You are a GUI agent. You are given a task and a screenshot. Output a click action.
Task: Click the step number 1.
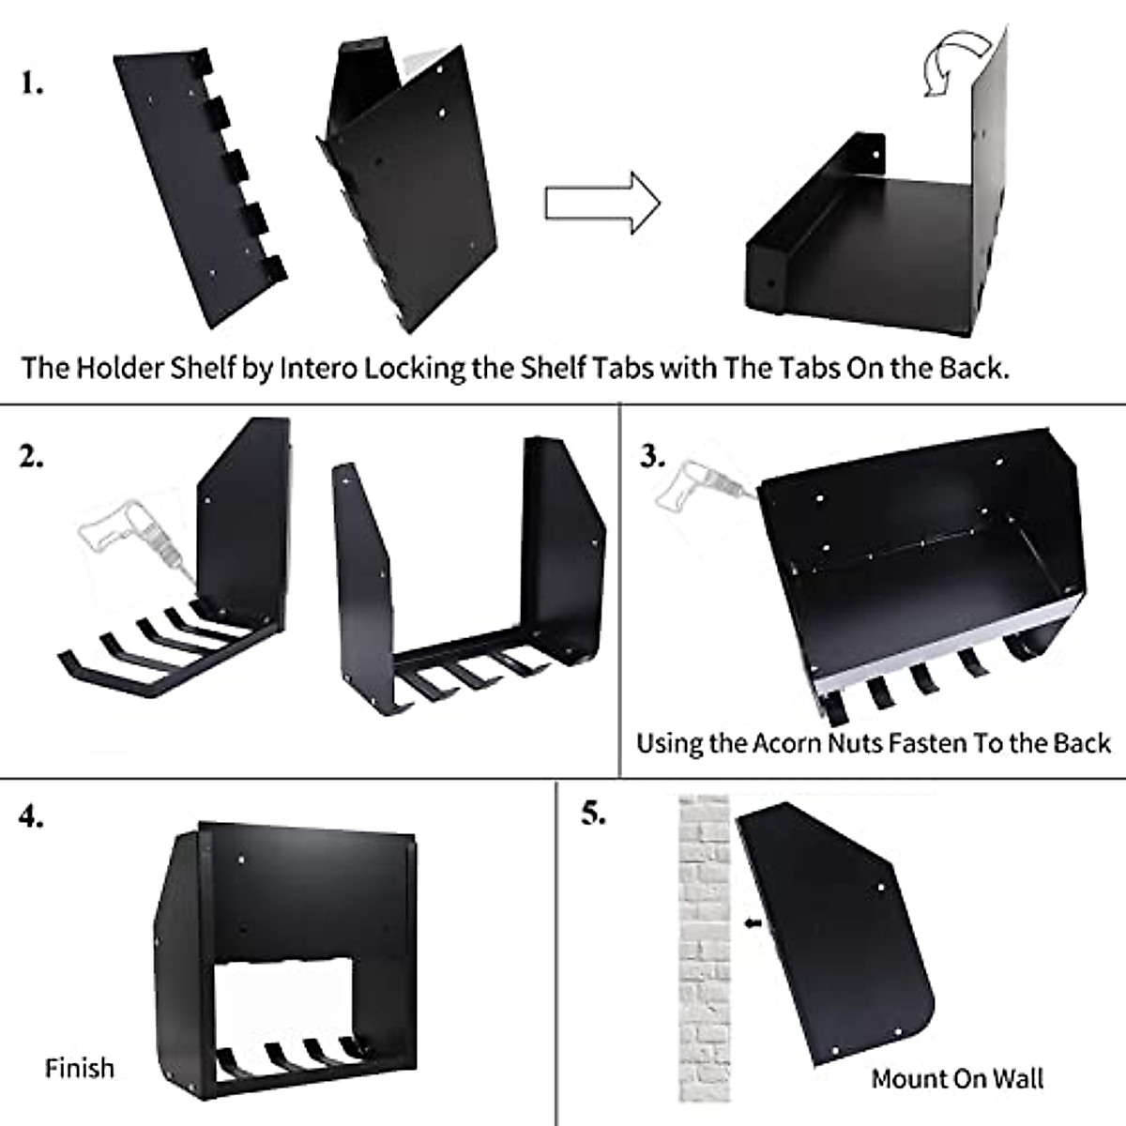(32, 84)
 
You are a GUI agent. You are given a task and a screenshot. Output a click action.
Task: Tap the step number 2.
(31, 458)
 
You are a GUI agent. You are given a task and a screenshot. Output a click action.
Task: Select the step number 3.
(653, 457)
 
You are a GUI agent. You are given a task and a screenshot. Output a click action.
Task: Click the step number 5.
(592, 813)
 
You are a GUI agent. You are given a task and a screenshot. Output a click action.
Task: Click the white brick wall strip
(704, 948)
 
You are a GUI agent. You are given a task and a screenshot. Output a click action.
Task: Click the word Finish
(80, 1068)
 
